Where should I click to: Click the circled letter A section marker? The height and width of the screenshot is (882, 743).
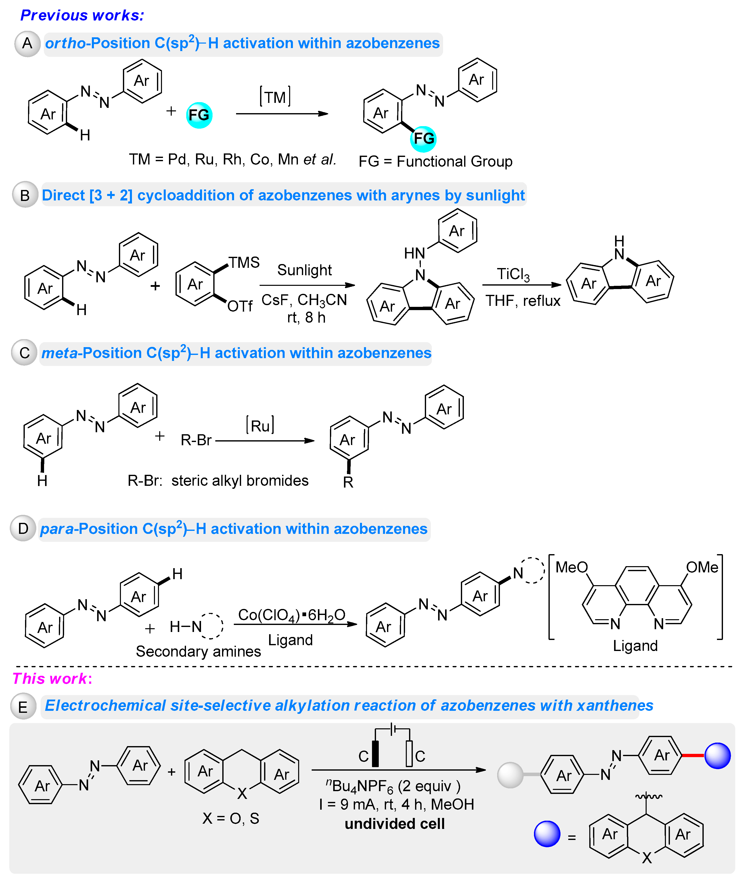[27, 43]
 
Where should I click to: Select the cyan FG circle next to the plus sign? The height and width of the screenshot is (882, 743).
[199, 115]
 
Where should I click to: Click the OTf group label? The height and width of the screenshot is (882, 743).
[240, 306]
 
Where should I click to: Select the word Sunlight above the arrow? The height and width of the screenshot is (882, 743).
[304, 270]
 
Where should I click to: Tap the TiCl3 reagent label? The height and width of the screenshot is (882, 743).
[513, 275]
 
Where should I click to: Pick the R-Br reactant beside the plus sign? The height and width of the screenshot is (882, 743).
[196, 440]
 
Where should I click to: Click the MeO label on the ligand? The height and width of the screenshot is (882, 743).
[571, 567]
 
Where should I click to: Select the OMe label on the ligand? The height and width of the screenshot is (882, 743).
[702, 567]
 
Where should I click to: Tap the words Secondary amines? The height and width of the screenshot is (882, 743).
[198, 651]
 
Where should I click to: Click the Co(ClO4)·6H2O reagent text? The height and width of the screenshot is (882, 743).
[291, 615]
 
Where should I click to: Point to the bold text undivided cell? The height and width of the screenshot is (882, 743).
[395, 823]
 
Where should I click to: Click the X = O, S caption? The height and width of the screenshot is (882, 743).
[231, 818]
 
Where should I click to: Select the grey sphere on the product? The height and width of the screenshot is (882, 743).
[510, 775]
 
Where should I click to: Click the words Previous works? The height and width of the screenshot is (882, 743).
[82, 15]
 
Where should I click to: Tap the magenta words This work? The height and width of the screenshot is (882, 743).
[50, 679]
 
